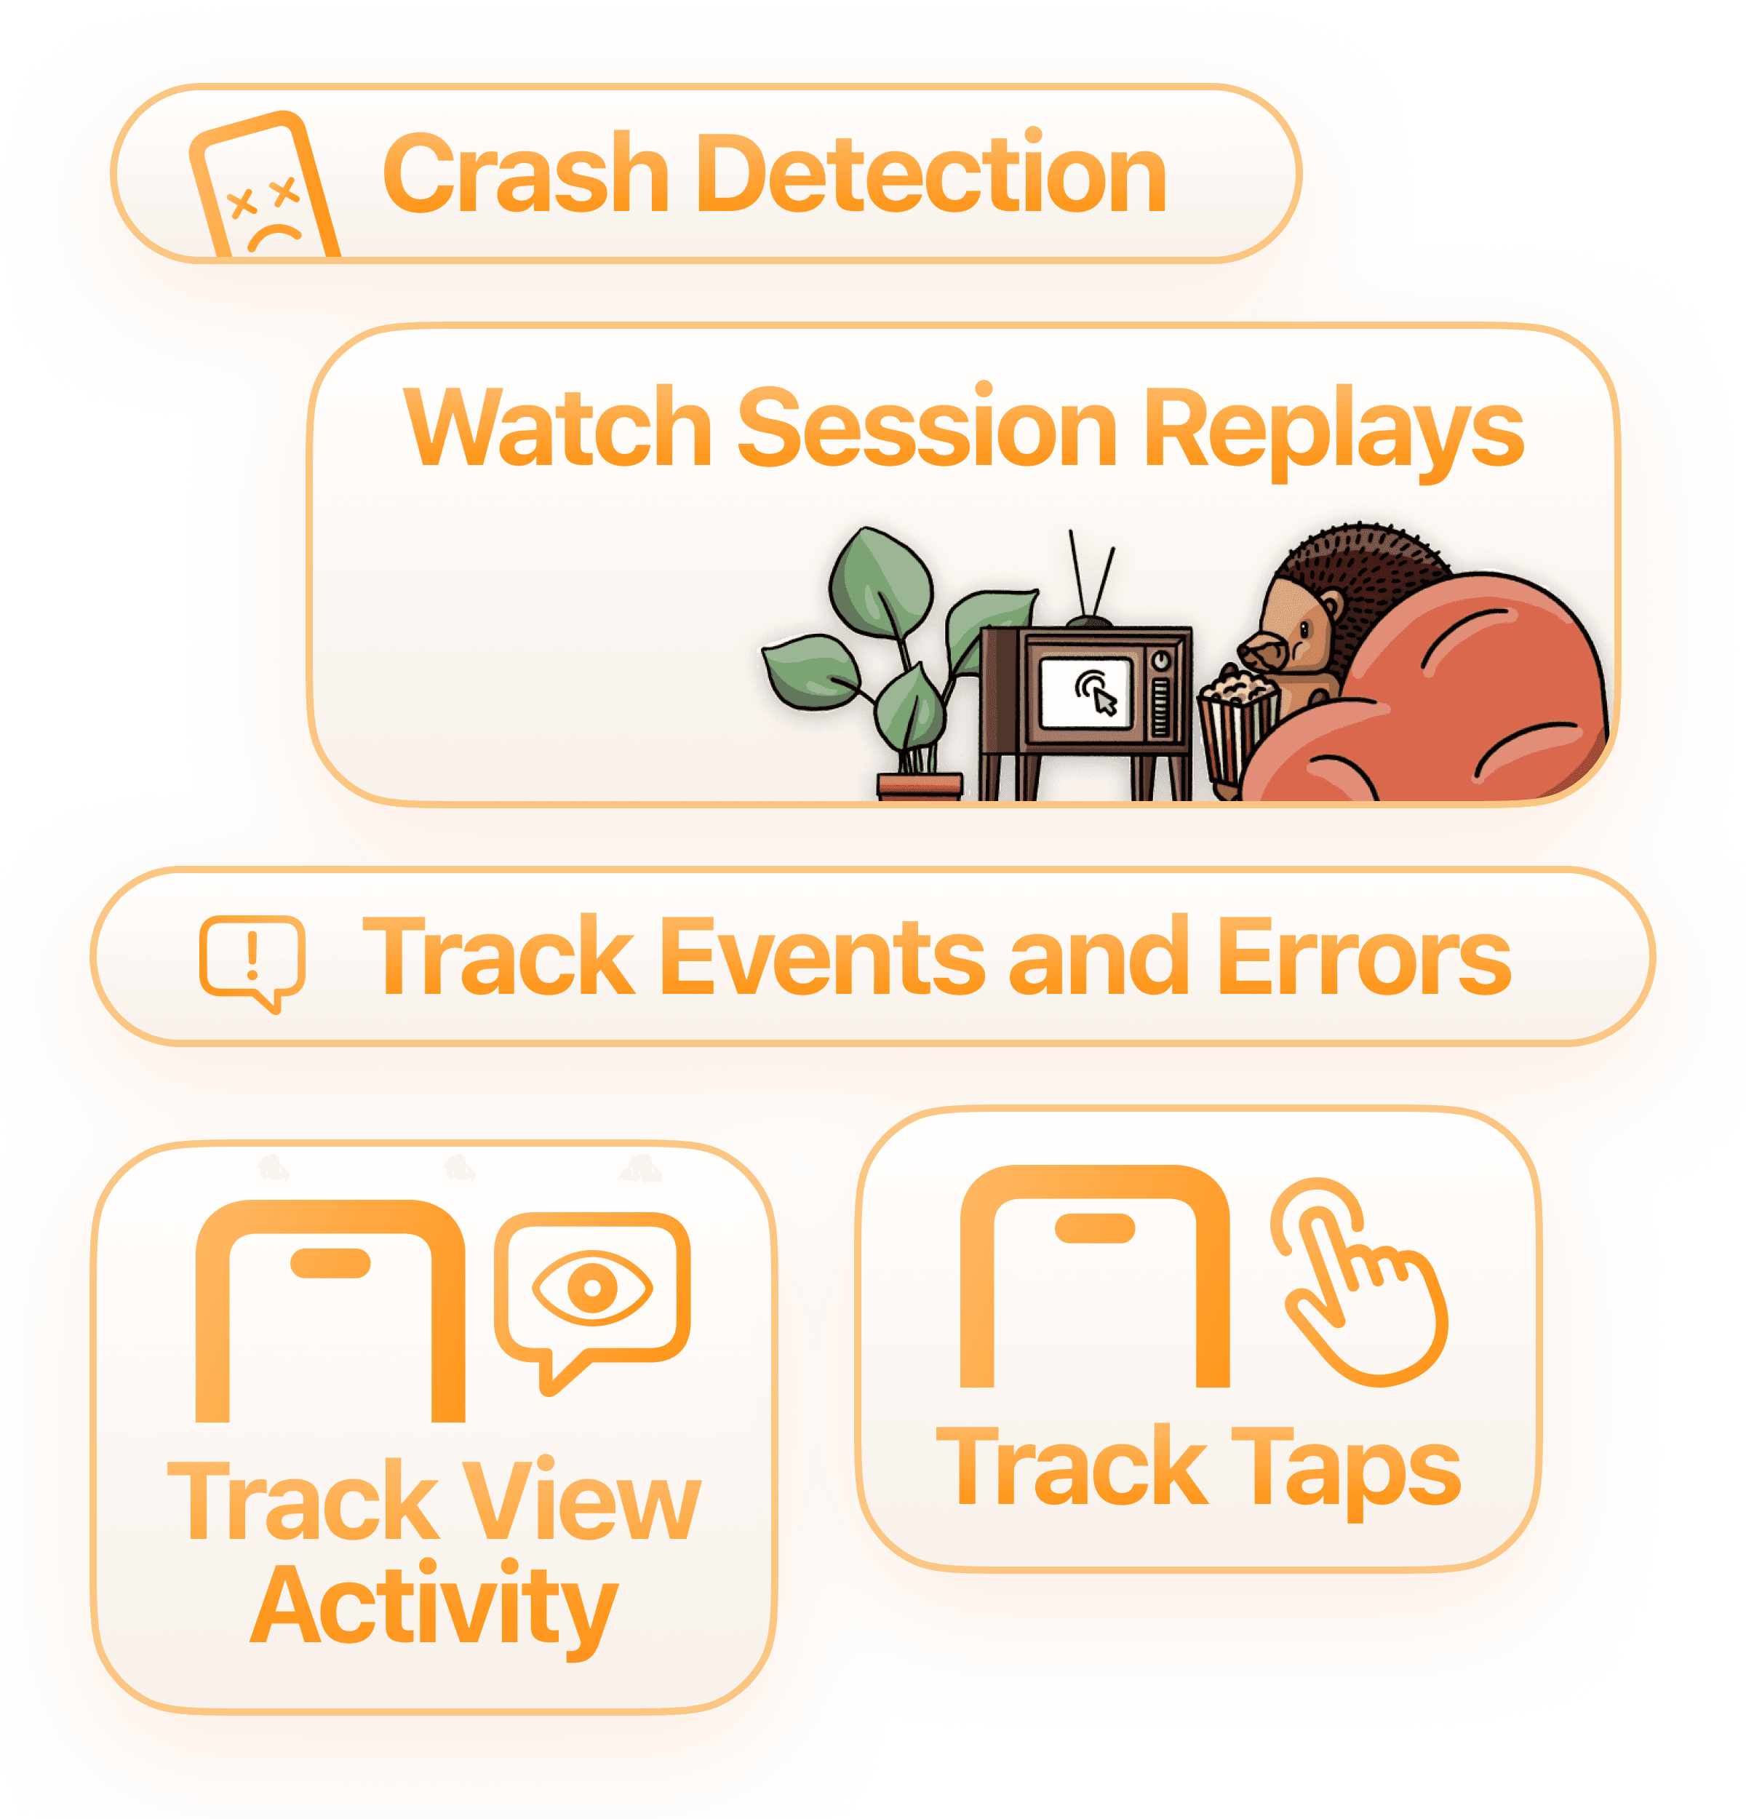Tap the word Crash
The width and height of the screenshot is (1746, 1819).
coord(525,174)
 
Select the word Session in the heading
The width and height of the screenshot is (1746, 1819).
coord(927,428)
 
